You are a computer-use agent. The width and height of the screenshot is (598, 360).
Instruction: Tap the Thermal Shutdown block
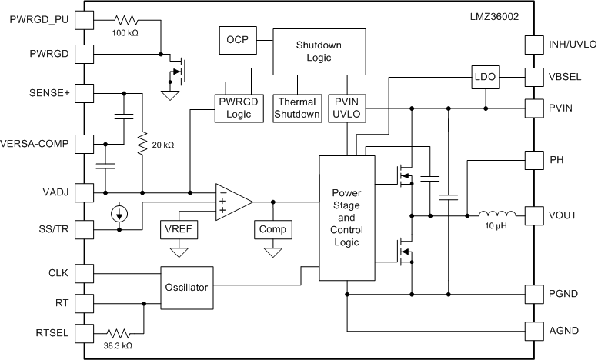[298, 108]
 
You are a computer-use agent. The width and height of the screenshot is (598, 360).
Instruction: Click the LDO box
[485, 78]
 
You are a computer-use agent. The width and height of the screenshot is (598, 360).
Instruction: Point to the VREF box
[180, 229]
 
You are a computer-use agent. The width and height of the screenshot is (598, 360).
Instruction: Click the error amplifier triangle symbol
[232, 202]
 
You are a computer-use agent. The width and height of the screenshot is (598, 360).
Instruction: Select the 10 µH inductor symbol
[494, 215]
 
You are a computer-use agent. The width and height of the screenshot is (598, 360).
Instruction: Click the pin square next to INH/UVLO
[533, 44]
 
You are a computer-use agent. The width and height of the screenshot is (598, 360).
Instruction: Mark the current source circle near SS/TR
[119, 213]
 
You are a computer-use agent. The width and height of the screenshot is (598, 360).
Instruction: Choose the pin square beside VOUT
[533, 216]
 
